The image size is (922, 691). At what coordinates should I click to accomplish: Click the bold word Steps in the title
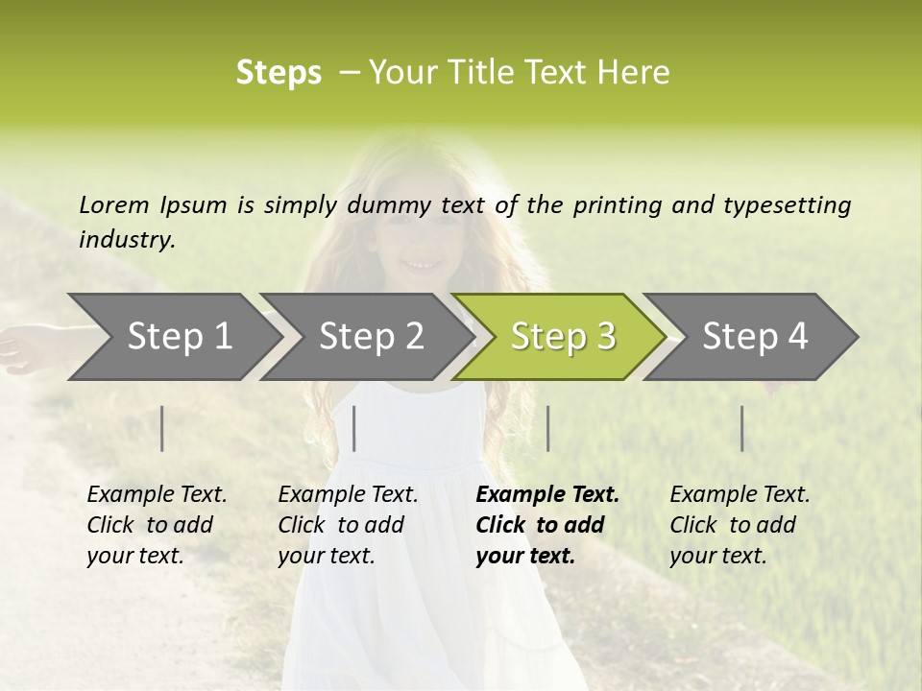[x=279, y=73]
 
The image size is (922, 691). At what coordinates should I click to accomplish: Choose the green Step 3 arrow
[x=563, y=337]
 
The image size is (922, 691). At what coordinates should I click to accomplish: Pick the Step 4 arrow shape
[x=755, y=337]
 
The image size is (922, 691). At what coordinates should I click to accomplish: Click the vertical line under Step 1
[x=162, y=428]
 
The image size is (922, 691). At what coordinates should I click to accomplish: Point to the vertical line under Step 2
[x=354, y=428]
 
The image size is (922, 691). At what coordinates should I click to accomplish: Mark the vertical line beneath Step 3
[x=547, y=428]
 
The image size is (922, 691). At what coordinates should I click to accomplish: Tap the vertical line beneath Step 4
[x=741, y=428]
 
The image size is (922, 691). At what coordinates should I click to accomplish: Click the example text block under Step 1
[x=157, y=525]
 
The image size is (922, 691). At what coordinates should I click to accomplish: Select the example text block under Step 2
[x=348, y=525]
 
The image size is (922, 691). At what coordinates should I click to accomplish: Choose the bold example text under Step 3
[x=547, y=525]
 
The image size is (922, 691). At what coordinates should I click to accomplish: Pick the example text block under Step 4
[x=740, y=525]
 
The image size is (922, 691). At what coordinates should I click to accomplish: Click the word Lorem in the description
[x=114, y=205]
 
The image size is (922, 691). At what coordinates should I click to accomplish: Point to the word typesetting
[x=787, y=205]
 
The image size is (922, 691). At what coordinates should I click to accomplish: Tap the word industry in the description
[x=126, y=240]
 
